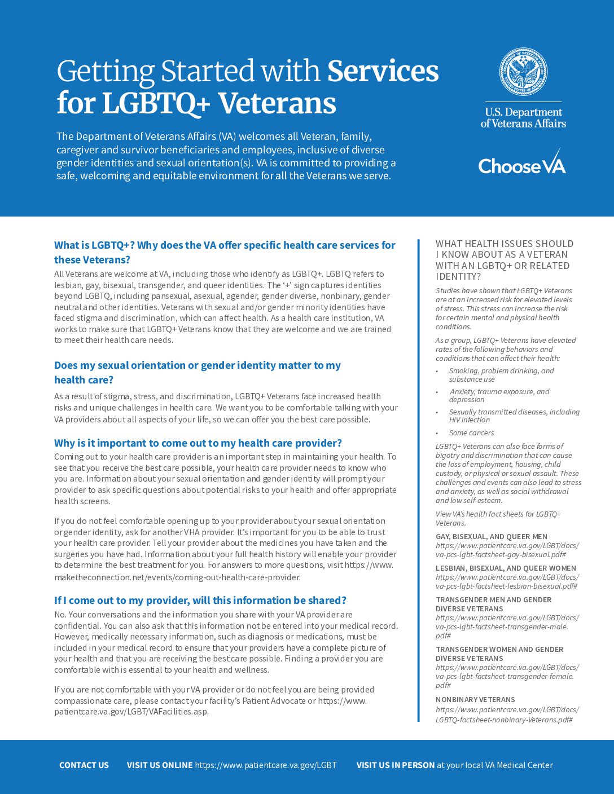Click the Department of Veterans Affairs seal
pyautogui.click(x=523, y=72)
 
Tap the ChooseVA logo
pyautogui.click(x=521, y=162)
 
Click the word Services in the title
pyautogui.click(x=383, y=72)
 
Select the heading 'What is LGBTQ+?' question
pyautogui.click(x=225, y=252)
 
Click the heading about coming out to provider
pyautogui.click(x=198, y=443)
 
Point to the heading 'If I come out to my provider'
pyautogui.click(x=200, y=601)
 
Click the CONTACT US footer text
pyautogui.click(x=84, y=765)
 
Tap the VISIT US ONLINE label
pyautogui.click(x=160, y=765)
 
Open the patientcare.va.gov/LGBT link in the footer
pyautogui.click(x=266, y=765)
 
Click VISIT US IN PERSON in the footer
pyautogui.click(x=396, y=765)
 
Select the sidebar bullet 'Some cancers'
pyautogui.click(x=471, y=433)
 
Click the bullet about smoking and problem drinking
pyautogui.click(x=501, y=375)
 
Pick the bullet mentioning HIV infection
pyautogui.click(x=514, y=416)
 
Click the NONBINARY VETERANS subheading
pyautogui.click(x=475, y=699)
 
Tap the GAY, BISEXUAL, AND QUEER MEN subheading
pyautogui.click(x=492, y=537)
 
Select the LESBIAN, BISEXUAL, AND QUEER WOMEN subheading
pyautogui.click(x=506, y=568)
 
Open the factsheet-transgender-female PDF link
pyautogui.click(x=506, y=676)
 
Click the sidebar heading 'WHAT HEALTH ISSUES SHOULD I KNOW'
pyautogui.click(x=505, y=260)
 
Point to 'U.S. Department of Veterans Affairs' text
pyautogui.click(x=523, y=118)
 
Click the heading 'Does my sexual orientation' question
pyautogui.click(x=198, y=372)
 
